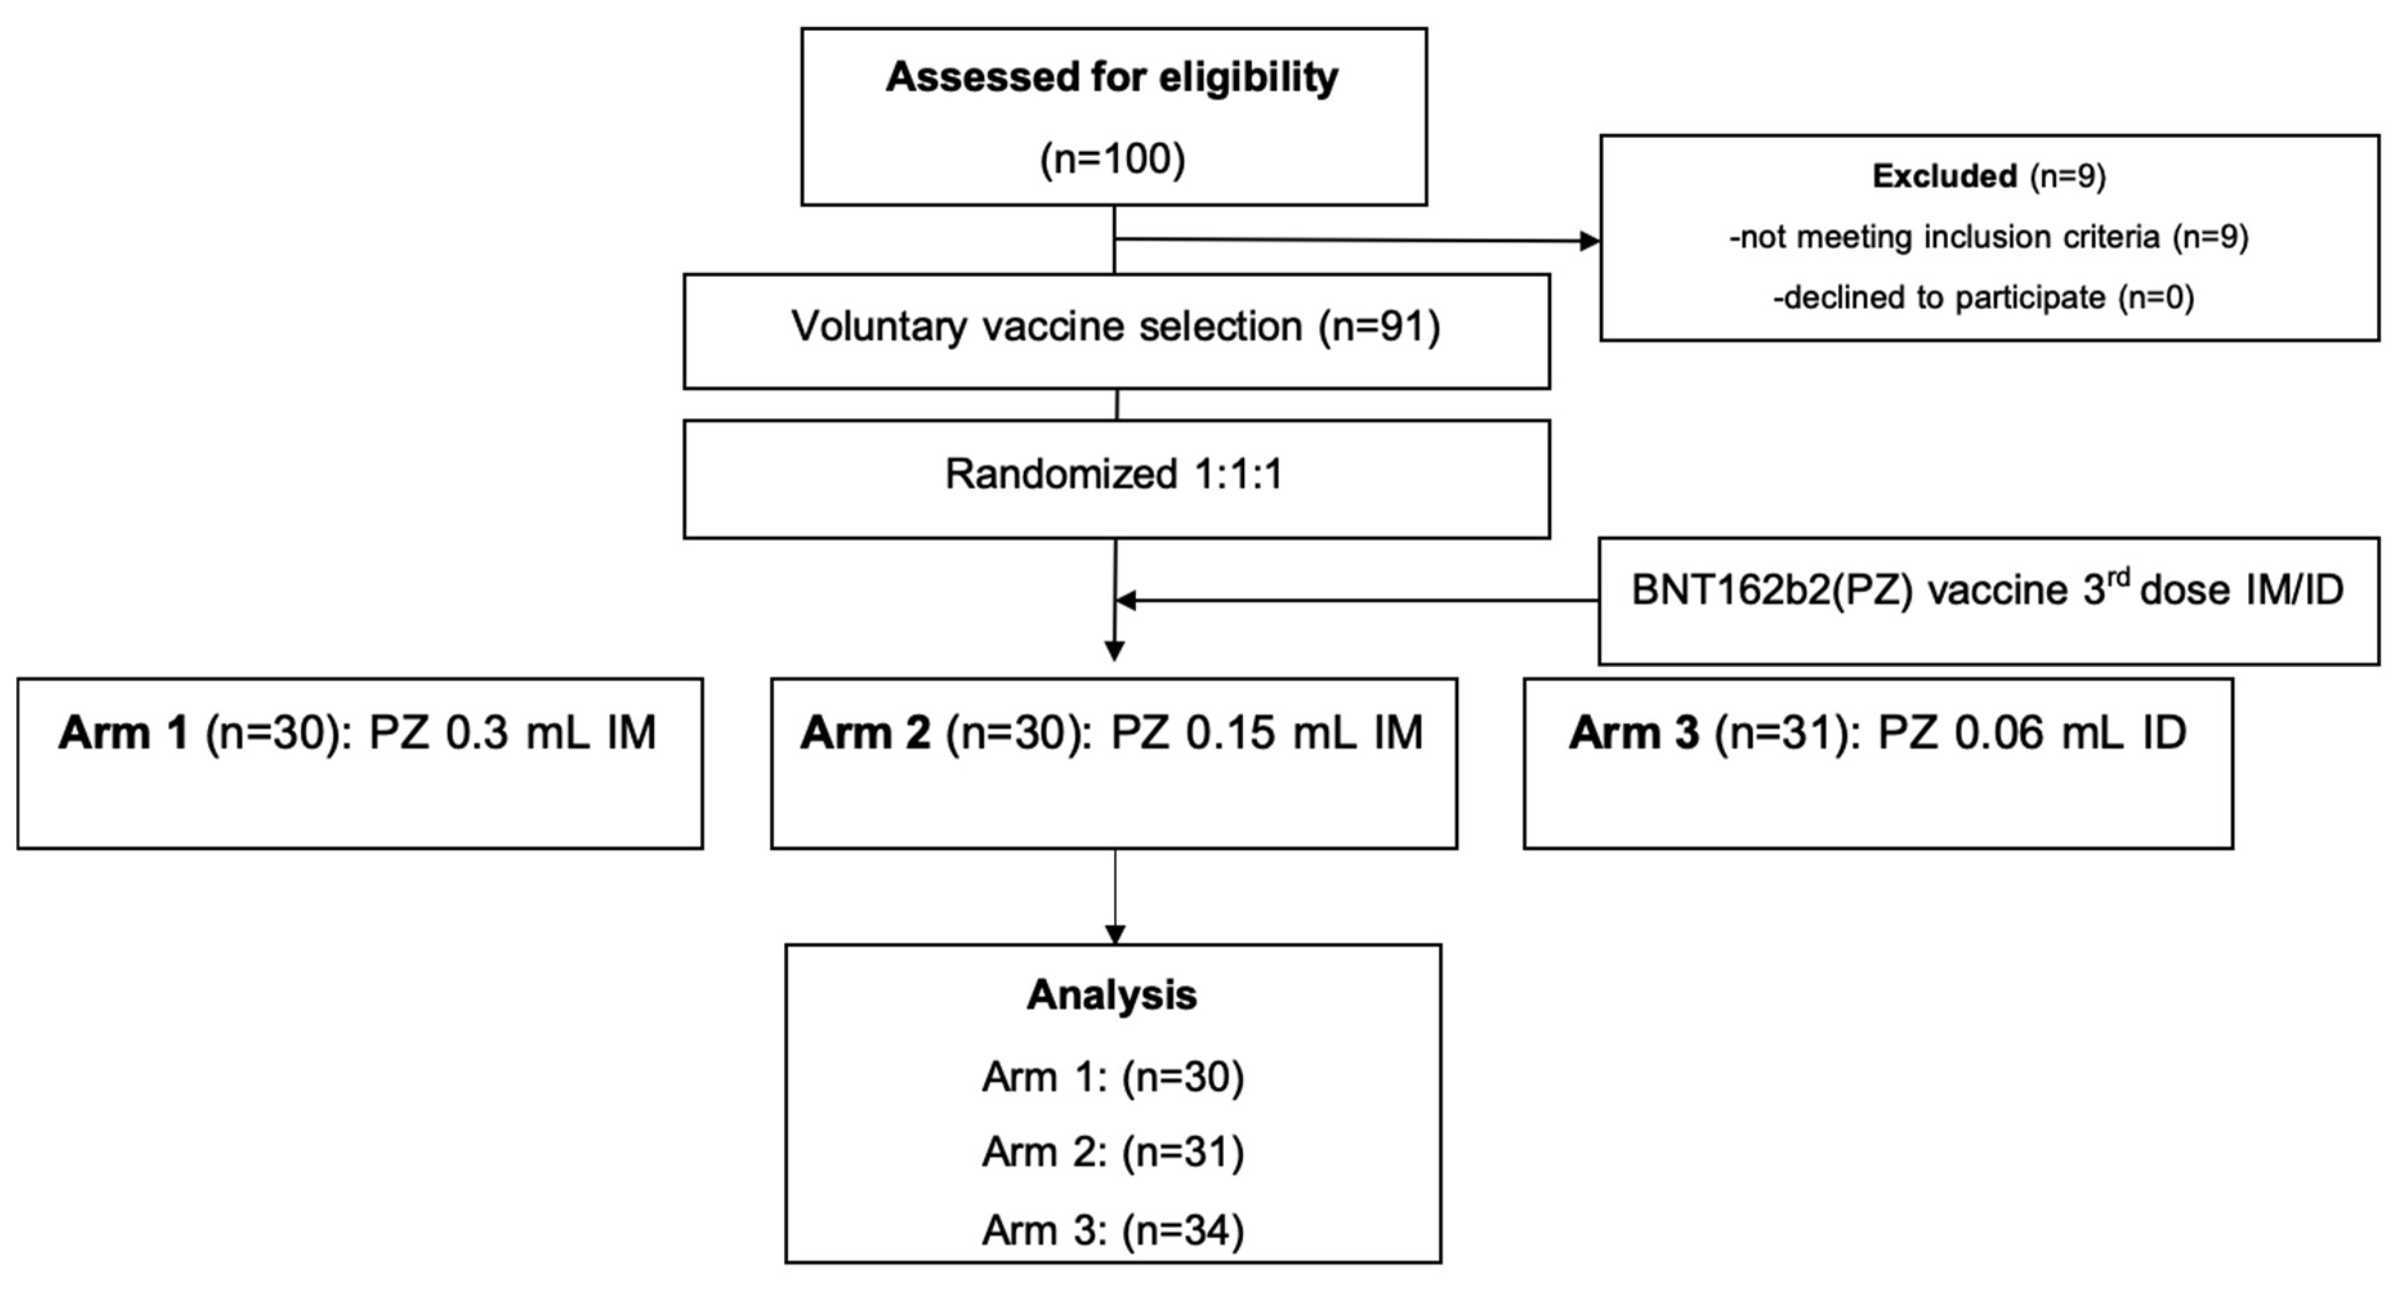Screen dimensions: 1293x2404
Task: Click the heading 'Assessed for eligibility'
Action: point(1111,77)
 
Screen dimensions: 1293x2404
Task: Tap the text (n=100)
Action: point(1112,158)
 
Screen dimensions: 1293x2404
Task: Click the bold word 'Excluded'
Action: point(1944,176)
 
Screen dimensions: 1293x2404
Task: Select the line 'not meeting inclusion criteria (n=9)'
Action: point(1988,237)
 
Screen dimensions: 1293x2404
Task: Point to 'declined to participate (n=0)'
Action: point(1983,297)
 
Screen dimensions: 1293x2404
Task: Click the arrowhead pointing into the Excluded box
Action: point(1588,241)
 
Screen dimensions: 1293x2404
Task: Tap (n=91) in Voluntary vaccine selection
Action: point(1380,326)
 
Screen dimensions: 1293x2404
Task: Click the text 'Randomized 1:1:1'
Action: point(1114,474)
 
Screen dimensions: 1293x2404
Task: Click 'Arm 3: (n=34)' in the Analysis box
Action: point(1112,1231)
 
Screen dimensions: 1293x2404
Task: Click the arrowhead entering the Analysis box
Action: point(1114,933)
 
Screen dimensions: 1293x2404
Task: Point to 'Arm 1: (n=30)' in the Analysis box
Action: point(1112,1077)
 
